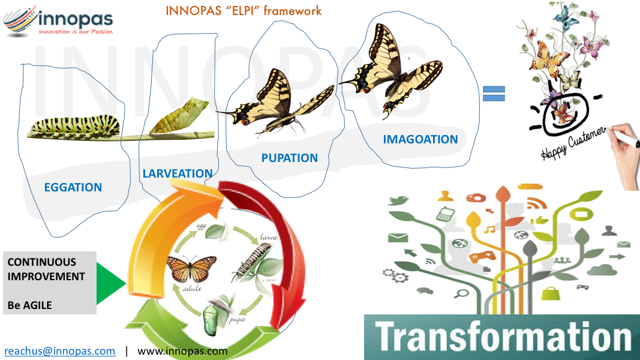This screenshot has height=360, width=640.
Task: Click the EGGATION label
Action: tap(73, 187)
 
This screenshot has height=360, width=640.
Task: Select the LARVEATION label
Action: tap(178, 173)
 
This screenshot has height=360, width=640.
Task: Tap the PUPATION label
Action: tap(289, 158)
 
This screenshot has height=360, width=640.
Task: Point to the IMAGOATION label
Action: tap(420, 139)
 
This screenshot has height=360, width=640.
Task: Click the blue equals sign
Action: tap(494, 94)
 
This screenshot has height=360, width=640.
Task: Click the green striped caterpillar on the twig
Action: tap(75, 127)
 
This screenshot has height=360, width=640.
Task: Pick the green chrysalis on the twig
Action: tap(179, 116)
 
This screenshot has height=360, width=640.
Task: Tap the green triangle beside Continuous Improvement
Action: tap(111, 284)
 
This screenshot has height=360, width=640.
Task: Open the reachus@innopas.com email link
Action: tap(59, 351)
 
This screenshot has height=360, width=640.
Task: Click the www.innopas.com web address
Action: tap(182, 351)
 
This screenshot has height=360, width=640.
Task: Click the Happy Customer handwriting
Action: tap(573, 143)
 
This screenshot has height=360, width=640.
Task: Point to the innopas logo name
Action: tap(76, 19)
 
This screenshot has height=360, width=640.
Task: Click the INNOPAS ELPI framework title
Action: tap(244, 11)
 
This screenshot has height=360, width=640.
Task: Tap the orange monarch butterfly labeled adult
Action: tap(191, 269)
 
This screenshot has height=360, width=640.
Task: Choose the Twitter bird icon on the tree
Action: tap(398, 200)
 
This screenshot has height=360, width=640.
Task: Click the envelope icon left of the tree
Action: tap(398, 238)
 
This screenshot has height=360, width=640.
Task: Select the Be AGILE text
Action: tap(30, 305)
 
